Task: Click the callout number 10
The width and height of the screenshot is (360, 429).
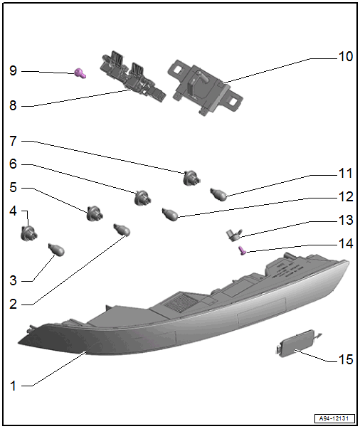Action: (x=346, y=57)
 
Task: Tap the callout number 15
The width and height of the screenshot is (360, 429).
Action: (x=346, y=359)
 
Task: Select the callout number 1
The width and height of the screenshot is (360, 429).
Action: (x=13, y=386)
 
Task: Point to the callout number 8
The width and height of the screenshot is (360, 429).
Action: (x=13, y=105)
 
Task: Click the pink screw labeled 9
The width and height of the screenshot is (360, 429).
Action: (x=80, y=73)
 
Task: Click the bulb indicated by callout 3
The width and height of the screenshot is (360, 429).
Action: (x=57, y=250)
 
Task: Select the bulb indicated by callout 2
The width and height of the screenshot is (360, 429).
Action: (x=122, y=230)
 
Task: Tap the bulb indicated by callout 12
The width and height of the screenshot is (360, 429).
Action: (x=170, y=215)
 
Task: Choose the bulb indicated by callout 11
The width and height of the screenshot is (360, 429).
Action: (x=218, y=194)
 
